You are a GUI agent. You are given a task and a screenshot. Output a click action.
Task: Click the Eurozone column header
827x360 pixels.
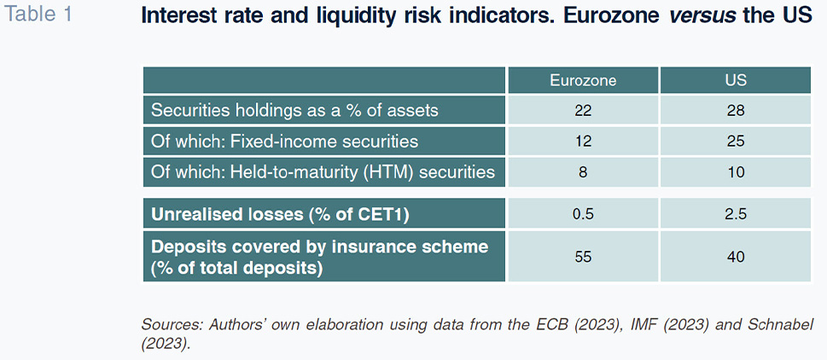(583, 81)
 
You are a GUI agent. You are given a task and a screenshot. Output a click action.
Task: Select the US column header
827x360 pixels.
(735, 81)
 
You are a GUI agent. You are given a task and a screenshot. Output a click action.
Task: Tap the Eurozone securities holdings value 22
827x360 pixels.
(583, 111)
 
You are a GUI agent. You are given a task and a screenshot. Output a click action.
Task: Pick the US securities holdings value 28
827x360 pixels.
(735, 111)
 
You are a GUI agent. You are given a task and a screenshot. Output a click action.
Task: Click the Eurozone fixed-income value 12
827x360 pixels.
(583, 142)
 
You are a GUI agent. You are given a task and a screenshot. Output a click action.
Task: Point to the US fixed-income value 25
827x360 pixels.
(735, 142)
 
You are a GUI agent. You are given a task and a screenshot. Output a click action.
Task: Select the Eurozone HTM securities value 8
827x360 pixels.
(583, 172)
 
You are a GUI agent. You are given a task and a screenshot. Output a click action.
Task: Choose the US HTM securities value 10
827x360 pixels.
(735, 172)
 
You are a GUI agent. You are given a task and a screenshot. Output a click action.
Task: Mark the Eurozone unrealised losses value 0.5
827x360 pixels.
(583, 214)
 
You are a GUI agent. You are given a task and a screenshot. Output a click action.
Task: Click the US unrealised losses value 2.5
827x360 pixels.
(735, 214)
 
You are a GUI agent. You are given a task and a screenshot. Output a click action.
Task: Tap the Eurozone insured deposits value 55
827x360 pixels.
(583, 257)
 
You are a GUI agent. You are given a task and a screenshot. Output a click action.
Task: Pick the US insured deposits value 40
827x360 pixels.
(735, 257)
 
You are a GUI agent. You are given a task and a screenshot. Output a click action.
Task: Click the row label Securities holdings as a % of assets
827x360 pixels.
(294, 111)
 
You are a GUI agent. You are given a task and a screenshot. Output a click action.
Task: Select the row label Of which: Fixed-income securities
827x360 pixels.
(284, 142)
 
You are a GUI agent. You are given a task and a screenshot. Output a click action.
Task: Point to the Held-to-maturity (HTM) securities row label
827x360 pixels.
(323, 172)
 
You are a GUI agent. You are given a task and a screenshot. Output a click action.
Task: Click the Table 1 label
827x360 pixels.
(38, 15)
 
